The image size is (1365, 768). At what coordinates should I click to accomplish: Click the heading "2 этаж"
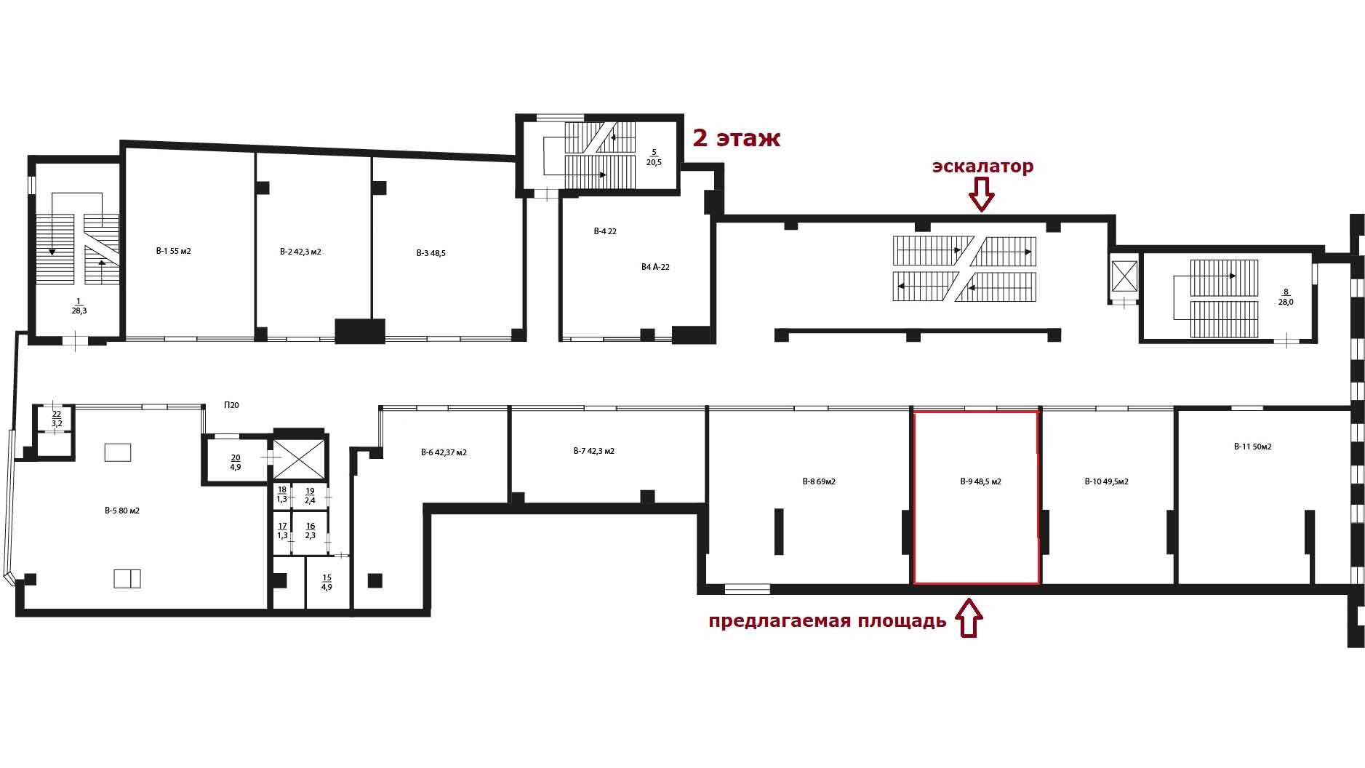(x=736, y=138)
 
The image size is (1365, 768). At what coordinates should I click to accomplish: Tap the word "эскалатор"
(x=982, y=167)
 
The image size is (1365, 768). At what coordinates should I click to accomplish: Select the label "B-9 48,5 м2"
(x=980, y=481)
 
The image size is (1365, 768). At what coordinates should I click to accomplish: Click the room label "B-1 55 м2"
(x=173, y=251)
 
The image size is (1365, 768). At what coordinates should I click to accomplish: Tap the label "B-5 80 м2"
(x=121, y=511)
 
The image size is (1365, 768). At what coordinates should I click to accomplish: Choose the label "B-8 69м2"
(x=818, y=481)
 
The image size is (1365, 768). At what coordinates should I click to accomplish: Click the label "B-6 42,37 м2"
(x=444, y=452)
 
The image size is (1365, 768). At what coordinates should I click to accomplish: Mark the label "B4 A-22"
(x=655, y=267)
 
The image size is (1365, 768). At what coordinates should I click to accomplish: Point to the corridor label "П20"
(x=231, y=405)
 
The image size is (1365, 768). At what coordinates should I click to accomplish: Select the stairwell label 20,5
(x=654, y=162)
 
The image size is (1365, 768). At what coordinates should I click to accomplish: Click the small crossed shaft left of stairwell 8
(x=1124, y=276)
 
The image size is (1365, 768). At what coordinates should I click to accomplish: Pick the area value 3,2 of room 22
(x=57, y=423)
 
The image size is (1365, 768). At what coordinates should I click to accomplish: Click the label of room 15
(x=327, y=583)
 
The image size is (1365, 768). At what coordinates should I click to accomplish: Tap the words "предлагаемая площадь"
(x=828, y=621)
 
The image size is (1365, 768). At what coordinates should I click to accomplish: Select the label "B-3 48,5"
(x=431, y=253)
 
